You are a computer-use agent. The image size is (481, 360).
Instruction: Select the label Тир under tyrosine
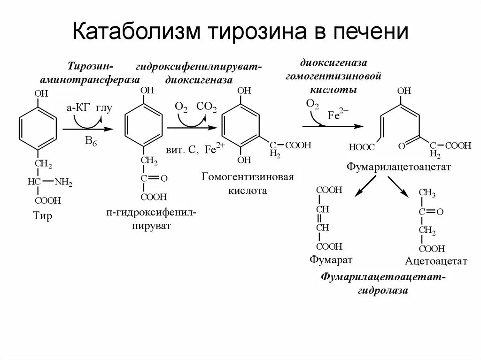click(43, 216)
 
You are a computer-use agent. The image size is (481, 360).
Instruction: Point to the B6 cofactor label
click(91, 141)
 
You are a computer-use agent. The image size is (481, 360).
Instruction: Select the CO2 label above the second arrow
click(207, 107)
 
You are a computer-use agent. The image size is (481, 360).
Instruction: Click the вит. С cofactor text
click(181, 150)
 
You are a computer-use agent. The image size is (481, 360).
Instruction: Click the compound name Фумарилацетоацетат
click(398, 167)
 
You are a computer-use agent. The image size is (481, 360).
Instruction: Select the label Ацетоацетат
click(436, 261)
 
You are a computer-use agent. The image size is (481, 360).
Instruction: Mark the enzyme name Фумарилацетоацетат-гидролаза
click(383, 283)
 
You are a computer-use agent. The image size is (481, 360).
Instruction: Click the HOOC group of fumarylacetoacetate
click(362, 147)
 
